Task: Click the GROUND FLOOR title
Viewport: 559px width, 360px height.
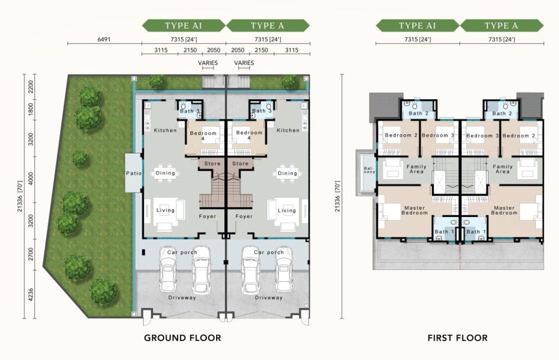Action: coord(182,338)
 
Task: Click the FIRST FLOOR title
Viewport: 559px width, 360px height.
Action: coord(457,338)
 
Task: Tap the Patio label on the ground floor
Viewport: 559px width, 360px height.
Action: coord(134,173)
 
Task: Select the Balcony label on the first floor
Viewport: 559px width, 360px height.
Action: coord(370,170)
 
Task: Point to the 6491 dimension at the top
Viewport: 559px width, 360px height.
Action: coord(104,39)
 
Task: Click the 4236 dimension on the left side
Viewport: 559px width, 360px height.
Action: coord(31,295)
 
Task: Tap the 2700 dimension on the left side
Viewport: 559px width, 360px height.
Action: coord(31,254)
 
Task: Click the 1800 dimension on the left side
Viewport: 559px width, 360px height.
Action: coord(31,109)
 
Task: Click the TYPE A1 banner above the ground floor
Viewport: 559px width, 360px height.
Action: coord(183,26)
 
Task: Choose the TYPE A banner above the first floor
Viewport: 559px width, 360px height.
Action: coord(502,26)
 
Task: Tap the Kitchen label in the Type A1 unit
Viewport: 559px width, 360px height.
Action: coord(165,130)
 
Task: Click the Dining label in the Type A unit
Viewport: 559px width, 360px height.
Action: coord(287,173)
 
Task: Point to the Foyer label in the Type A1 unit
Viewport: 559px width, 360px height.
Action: coord(207,216)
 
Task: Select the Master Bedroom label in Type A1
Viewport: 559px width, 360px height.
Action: coord(415,210)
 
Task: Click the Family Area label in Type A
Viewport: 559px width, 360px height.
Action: coord(503,169)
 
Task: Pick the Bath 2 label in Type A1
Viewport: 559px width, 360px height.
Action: coord(419,113)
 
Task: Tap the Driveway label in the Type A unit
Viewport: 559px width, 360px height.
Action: coord(269,298)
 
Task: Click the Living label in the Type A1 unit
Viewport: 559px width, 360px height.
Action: coord(165,210)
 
